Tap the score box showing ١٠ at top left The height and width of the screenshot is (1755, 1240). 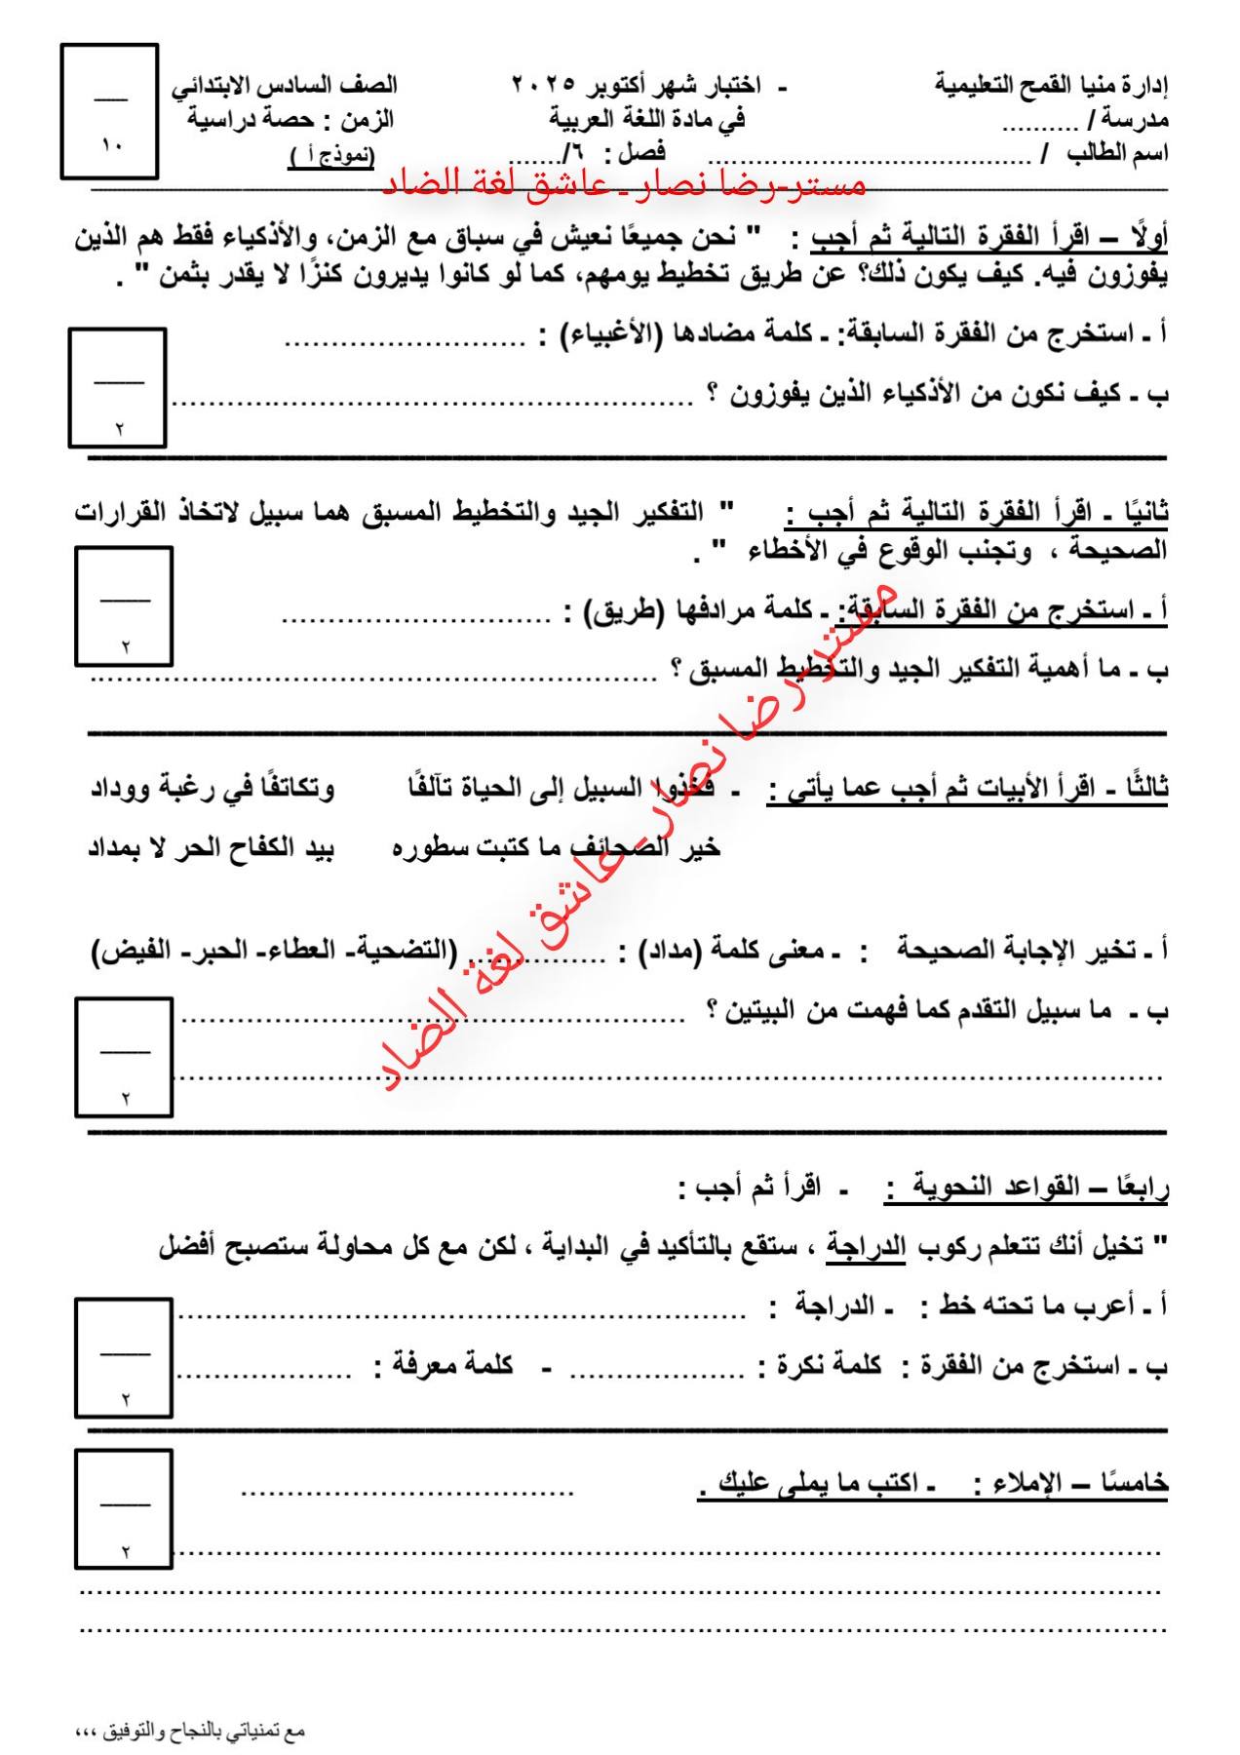(x=109, y=111)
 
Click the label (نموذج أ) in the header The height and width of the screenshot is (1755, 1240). (x=331, y=156)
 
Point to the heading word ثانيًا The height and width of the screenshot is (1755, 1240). (x=1146, y=512)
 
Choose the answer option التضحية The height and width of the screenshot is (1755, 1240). (x=409, y=949)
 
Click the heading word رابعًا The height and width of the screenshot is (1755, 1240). (x=1141, y=1188)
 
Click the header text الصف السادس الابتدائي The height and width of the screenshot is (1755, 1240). (x=285, y=85)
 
